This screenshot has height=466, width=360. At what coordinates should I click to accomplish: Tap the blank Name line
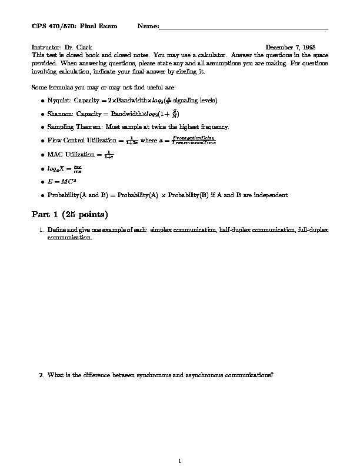pyautogui.click(x=244, y=27)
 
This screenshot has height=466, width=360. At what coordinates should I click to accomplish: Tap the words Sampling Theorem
pyautogui.click(x=73, y=127)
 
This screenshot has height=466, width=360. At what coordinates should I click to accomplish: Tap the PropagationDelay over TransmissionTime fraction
pyautogui.click(x=193, y=141)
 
